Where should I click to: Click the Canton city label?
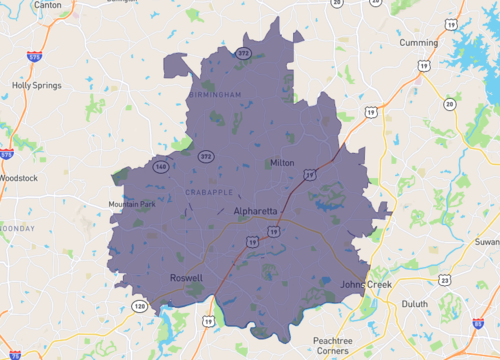coord(19,4)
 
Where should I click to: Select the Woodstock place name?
coord(17,178)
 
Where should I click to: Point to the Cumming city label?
coord(418,43)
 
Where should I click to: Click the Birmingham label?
coord(215,94)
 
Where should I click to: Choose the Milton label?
coord(282,162)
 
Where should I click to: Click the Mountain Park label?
coord(132,205)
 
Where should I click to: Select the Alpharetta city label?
coord(256,212)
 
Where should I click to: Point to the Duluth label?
coord(413,303)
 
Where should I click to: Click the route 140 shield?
coord(160,167)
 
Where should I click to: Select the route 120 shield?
coord(139,305)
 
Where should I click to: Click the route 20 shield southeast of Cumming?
coord(449,104)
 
